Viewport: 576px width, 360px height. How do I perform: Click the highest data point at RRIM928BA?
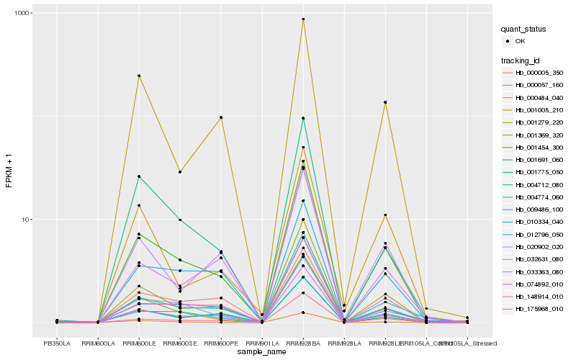pyautogui.click(x=303, y=19)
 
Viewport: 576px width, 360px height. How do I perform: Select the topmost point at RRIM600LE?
pyautogui.click(x=139, y=76)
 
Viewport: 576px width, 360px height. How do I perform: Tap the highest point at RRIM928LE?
pyautogui.click(x=385, y=102)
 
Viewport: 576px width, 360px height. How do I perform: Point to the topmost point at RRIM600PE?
pyautogui.click(x=221, y=117)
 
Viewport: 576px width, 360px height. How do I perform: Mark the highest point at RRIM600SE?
pyautogui.click(x=180, y=172)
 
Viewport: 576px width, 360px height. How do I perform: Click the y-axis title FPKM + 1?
pyautogui.click(x=9, y=171)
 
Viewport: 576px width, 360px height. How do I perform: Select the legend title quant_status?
pyautogui.click(x=523, y=30)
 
